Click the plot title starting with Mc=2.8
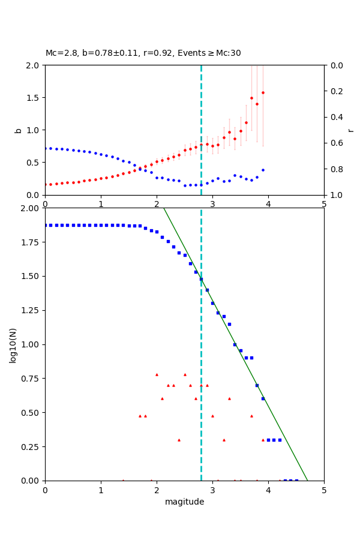click(x=143, y=53)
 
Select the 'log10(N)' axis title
click(x=13, y=344)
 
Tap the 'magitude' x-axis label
click(x=184, y=502)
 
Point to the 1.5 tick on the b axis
click(x=34, y=98)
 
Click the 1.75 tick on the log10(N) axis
click(x=29, y=242)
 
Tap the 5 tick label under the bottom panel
click(x=324, y=490)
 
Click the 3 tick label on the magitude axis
click(x=212, y=490)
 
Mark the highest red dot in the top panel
click(x=263, y=92)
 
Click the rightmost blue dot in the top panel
click(x=263, y=170)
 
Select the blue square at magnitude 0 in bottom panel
click(x=45, y=225)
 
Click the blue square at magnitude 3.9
click(x=263, y=398)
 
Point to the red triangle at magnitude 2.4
click(x=179, y=440)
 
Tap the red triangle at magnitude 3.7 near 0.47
click(x=251, y=416)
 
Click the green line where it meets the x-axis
click(x=307, y=480)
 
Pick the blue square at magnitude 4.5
click(x=296, y=480)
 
